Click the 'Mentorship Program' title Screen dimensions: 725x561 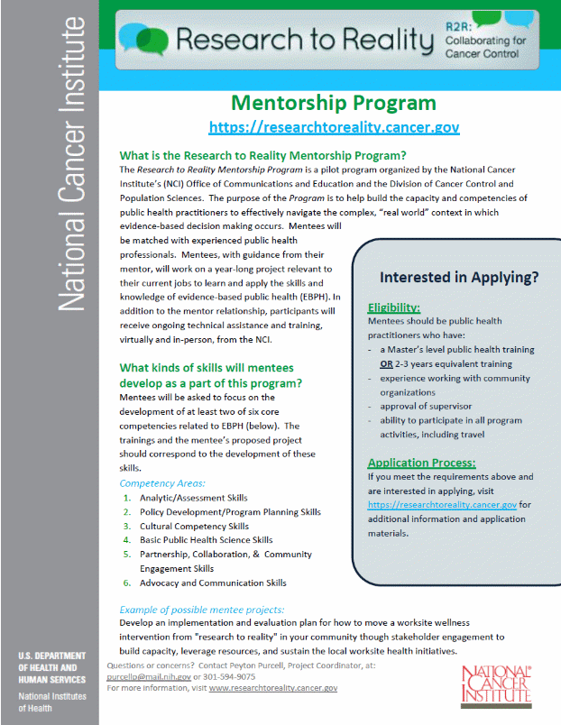(x=334, y=103)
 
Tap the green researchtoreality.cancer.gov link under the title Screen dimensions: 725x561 (x=334, y=127)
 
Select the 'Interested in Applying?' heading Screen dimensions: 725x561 (x=459, y=277)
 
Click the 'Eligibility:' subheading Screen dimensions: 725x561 (x=394, y=307)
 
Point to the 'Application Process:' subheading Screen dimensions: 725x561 (x=421, y=463)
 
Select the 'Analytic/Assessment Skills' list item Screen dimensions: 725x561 (x=193, y=498)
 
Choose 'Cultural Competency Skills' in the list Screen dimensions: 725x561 (x=194, y=526)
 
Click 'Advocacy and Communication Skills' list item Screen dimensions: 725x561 (x=213, y=583)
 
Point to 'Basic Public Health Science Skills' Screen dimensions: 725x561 (x=206, y=540)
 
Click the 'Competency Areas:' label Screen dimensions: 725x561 (x=162, y=483)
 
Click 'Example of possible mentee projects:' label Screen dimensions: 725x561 (x=201, y=610)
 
